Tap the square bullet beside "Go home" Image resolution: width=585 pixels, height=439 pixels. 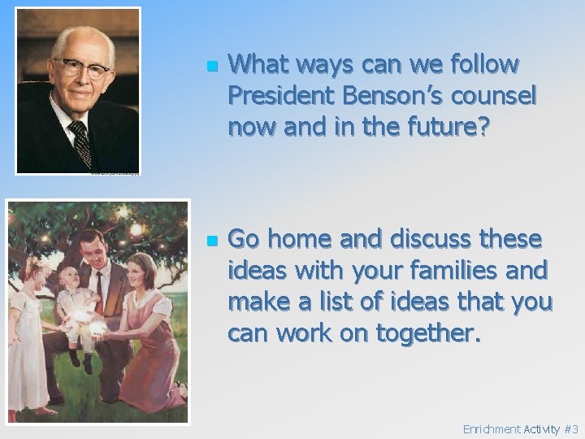click(212, 241)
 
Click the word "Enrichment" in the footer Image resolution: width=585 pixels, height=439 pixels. click(491, 429)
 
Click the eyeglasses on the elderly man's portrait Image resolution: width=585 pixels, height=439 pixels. click(80, 68)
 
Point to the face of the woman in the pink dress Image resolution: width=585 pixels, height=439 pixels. click(142, 268)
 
